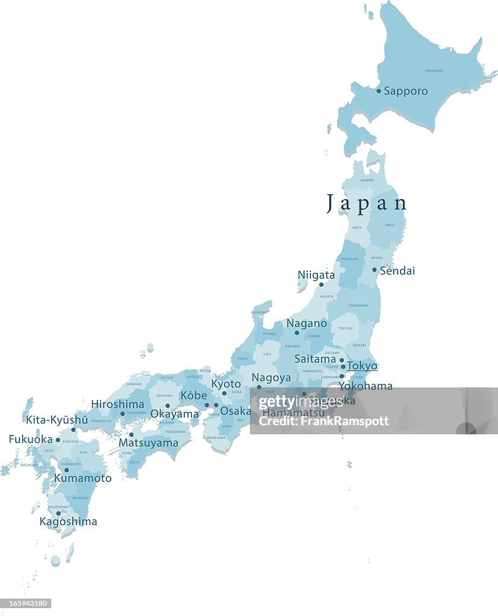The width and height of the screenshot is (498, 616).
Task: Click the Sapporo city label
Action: point(406,91)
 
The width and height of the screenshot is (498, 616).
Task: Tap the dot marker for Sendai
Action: point(374,270)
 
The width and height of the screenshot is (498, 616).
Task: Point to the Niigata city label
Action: point(316,275)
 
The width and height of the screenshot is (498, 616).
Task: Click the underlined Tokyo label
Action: point(363,366)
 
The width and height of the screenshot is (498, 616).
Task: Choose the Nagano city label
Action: point(307,324)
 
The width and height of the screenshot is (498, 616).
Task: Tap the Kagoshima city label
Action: point(68,522)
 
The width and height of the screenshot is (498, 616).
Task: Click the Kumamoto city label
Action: point(82,478)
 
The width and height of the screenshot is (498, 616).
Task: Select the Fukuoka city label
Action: point(31,439)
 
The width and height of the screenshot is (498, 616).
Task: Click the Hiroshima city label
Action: point(117,404)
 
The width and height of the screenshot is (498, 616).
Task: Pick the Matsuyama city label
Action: point(148,443)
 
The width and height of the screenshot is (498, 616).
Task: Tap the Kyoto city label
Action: point(226,384)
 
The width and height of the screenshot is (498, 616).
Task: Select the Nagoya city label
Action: point(271,378)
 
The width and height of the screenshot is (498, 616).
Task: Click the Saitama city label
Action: point(315,359)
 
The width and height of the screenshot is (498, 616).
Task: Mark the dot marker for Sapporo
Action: point(379,91)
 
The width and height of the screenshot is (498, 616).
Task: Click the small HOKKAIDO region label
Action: point(434,71)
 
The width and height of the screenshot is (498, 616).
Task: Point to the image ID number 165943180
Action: point(26,603)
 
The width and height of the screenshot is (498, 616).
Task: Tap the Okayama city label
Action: point(174,414)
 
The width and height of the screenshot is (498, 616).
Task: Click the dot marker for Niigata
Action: point(321,285)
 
